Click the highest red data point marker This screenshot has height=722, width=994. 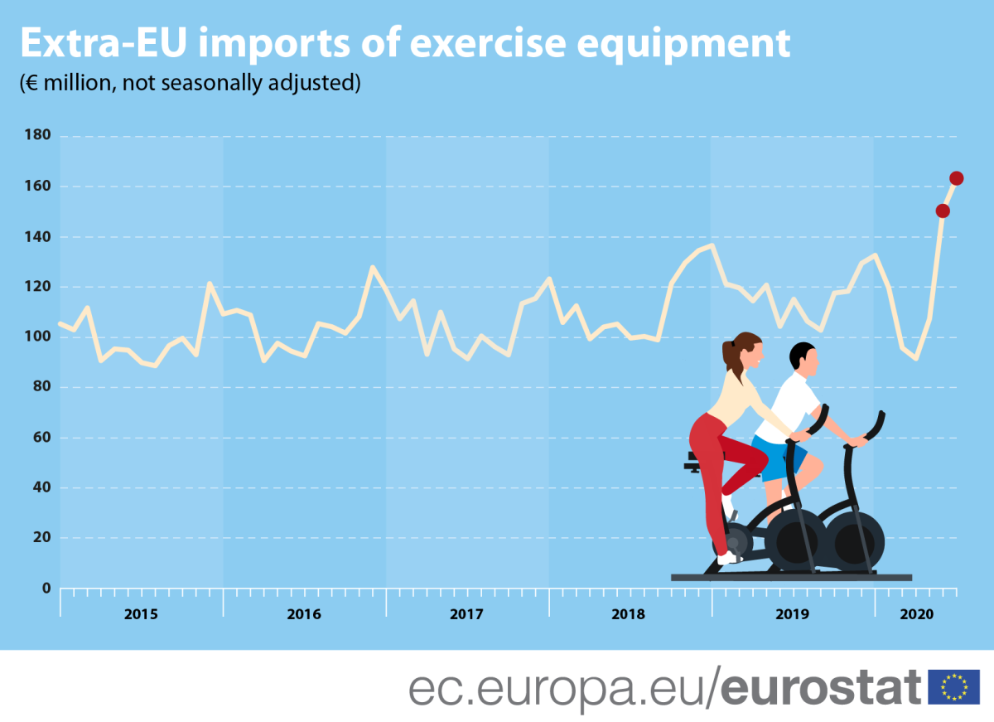(956, 178)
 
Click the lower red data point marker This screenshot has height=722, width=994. (943, 211)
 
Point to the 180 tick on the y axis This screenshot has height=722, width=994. (39, 136)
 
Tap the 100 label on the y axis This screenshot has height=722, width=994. (39, 337)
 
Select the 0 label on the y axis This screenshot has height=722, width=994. (46, 589)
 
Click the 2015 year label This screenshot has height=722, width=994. (141, 615)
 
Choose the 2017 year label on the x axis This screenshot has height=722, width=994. (467, 615)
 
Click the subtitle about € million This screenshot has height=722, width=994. (190, 83)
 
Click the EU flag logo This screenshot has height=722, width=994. (953, 687)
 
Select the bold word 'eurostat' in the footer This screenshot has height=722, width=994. (820, 687)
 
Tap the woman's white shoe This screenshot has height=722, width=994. (728, 558)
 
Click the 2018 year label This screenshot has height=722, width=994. (629, 615)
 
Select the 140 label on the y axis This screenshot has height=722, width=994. (39, 237)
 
